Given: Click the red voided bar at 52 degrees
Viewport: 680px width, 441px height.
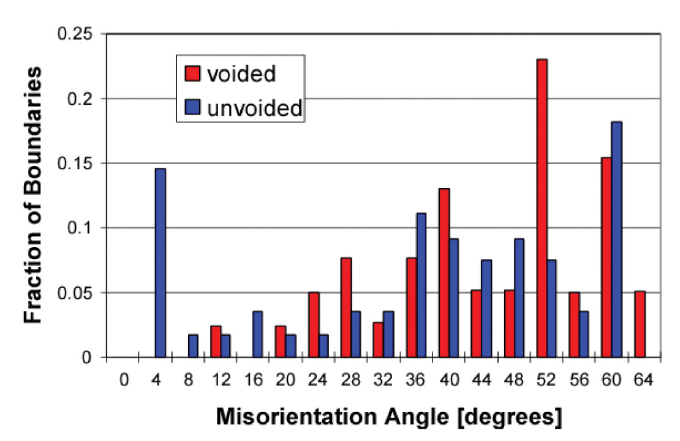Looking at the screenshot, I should [542, 208].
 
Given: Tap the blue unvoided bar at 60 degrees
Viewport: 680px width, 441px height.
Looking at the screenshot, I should [616, 239].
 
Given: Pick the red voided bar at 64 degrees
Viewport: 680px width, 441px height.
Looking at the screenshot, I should [640, 325].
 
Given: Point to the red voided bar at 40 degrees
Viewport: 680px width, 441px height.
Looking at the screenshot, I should [444, 273].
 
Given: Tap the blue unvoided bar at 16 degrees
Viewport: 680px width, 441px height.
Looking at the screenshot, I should [258, 334].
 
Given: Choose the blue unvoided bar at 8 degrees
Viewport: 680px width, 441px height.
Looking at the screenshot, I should [193, 346].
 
